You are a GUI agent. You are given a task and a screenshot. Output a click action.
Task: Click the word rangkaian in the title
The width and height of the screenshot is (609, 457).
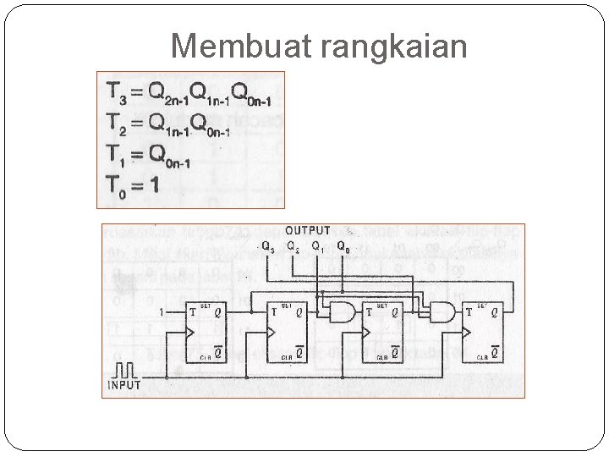point(394,46)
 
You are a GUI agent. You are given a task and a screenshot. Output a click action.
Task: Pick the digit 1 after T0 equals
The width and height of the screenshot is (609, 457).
point(152,182)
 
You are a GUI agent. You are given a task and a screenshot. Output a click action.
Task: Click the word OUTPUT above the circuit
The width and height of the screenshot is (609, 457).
point(308,231)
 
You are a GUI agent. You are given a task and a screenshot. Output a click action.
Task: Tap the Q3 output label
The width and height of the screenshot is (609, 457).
point(268,247)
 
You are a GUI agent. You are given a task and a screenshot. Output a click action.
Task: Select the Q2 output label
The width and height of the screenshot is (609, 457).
point(293,247)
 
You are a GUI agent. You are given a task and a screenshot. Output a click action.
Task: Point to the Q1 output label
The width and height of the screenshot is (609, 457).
point(317,247)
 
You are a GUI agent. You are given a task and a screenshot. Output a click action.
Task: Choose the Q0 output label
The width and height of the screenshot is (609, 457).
point(342,247)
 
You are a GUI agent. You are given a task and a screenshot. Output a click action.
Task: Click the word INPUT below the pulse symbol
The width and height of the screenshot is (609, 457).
point(123,386)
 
